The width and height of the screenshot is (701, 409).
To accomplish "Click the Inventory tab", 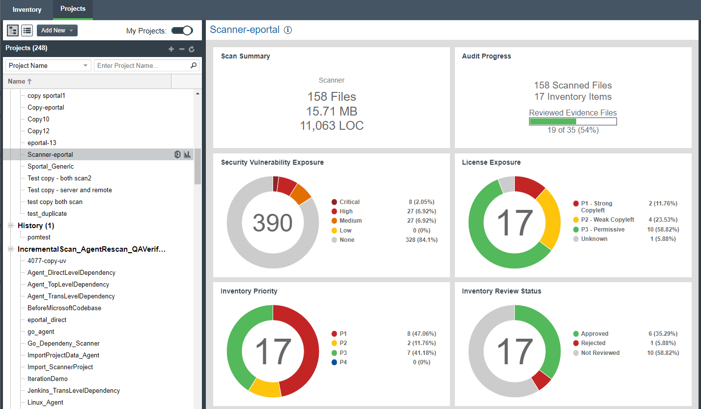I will (x=27, y=10).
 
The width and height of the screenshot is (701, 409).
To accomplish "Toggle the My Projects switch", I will (x=182, y=30).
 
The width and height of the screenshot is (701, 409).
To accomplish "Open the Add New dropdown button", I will (x=57, y=30).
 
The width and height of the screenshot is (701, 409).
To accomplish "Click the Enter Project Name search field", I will (x=142, y=65).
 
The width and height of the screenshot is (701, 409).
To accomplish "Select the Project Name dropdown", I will (x=48, y=65).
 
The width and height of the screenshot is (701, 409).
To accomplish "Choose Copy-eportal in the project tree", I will (x=46, y=107).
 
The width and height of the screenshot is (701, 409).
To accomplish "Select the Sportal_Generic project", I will (x=51, y=166).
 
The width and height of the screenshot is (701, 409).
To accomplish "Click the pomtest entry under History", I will (x=39, y=237).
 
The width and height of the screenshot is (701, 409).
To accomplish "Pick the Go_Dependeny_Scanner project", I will (x=63, y=343).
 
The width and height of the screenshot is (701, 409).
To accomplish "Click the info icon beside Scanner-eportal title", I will (x=288, y=30).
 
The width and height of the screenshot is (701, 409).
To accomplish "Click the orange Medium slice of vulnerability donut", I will (x=301, y=194).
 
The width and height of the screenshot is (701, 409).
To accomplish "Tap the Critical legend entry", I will (x=349, y=202).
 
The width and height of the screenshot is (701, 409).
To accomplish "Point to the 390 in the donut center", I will (x=273, y=223).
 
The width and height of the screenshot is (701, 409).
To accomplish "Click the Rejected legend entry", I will (x=592, y=343).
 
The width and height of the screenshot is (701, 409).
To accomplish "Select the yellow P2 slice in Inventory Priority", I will (x=264, y=387).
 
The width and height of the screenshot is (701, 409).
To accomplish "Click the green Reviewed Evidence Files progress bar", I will (x=553, y=121).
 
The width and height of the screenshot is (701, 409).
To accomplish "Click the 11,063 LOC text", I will (x=332, y=126).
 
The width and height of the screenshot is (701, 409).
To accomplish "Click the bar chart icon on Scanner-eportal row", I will (x=187, y=154).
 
